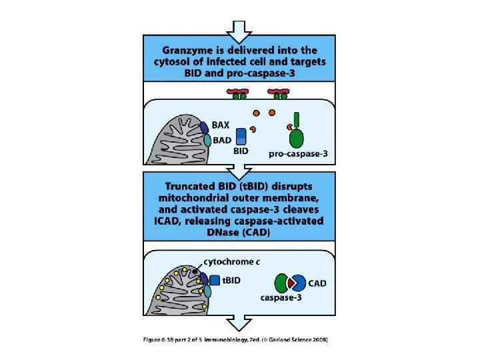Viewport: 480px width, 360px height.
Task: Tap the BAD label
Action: (223, 140)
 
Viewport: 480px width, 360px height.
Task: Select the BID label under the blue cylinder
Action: (241, 151)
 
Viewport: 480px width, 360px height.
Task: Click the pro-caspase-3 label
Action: (298, 154)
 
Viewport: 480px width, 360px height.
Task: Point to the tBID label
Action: (231, 280)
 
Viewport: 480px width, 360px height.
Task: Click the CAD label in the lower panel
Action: (317, 283)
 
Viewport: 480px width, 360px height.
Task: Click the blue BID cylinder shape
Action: (241, 137)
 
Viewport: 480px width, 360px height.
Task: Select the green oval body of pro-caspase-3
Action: (297, 138)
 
